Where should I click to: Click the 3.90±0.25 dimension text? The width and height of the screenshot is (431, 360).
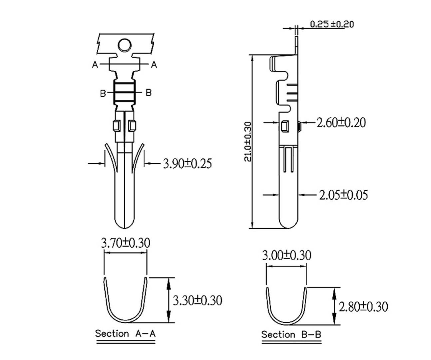click(187, 163)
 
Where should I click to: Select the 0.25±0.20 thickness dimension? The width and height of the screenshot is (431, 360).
click(332, 24)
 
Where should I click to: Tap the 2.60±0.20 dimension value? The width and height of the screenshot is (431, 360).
click(341, 122)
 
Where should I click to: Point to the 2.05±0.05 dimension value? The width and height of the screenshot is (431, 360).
click(343, 195)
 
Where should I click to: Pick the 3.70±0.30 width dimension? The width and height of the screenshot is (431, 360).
click(125, 243)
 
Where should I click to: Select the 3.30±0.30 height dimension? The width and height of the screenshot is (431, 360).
click(197, 300)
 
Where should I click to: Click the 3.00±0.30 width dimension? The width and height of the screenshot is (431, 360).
click(286, 255)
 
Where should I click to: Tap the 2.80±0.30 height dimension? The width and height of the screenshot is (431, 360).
click(363, 306)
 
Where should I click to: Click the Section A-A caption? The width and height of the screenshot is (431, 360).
click(125, 333)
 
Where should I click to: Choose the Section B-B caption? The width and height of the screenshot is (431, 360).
click(291, 334)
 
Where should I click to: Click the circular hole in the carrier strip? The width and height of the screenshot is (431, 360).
click(125, 45)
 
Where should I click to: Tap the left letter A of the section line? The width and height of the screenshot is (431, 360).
click(95, 65)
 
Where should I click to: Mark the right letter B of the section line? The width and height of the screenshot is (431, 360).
click(149, 92)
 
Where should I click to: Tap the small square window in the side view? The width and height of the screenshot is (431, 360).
click(285, 127)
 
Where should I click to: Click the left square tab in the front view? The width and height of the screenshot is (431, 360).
click(117, 126)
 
